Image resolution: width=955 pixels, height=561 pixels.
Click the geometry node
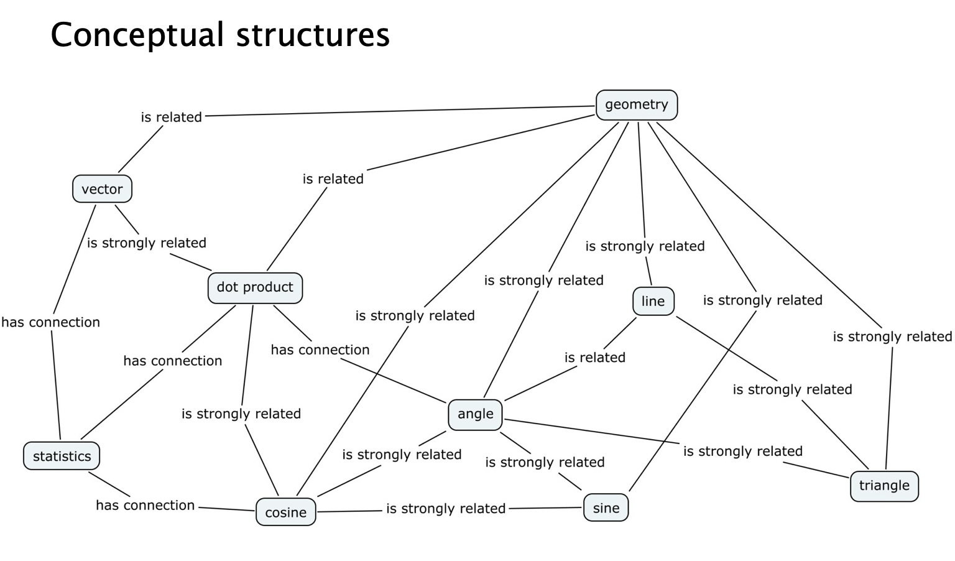[x=637, y=104]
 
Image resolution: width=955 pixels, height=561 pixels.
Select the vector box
[x=102, y=189]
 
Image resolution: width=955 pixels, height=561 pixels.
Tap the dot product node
[x=255, y=287]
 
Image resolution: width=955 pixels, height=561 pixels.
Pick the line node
[x=653, y=302]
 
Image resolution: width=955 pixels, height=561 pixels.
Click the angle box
[x=475, y=414]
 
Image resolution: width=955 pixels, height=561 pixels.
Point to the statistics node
[x=62, y=457]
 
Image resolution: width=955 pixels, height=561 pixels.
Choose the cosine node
[x=285, y=512]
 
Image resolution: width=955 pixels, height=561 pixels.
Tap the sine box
[x=606, y=508]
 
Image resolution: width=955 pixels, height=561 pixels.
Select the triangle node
[x=883, y=486]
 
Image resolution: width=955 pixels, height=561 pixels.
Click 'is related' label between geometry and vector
[x=171, y=117]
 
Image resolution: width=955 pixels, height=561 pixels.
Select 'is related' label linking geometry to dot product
[x=333, y=179]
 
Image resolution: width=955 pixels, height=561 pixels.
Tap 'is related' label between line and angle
[x=594, y=358]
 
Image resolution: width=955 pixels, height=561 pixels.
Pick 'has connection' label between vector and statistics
[x=50, y=322]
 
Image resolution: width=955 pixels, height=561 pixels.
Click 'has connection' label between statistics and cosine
[x=145, y=505]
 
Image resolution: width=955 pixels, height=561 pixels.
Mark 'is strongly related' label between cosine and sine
[x=445, y=509]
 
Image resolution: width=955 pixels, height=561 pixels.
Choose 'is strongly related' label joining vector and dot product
[x=146, y=243]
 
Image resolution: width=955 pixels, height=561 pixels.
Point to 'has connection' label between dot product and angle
[x=320, y=350]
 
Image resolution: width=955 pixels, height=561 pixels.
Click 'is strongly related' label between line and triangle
[x=792, y=389]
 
